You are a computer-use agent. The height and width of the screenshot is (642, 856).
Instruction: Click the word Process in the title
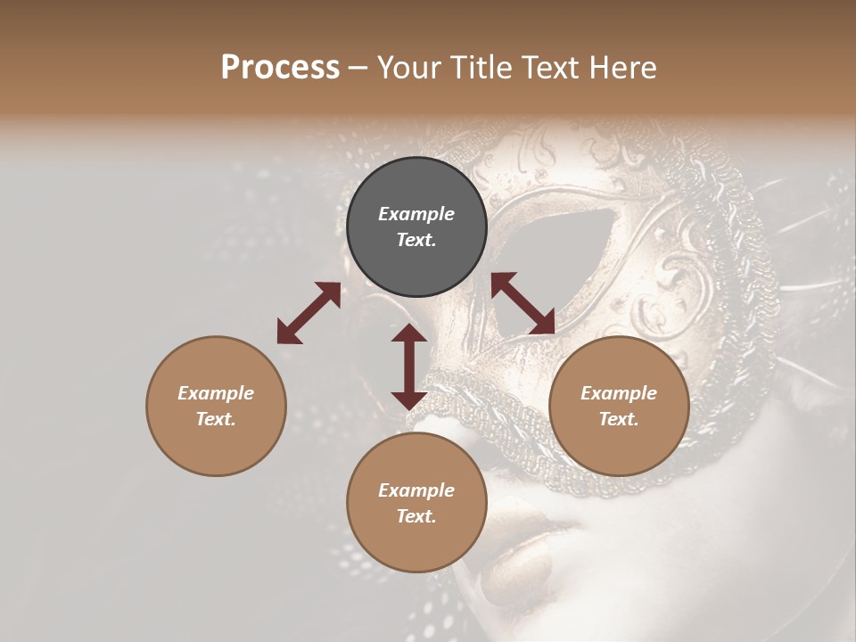click(280, 68)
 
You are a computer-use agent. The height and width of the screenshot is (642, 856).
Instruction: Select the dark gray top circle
click(416, 226)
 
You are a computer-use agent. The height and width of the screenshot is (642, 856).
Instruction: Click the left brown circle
click(216, 406)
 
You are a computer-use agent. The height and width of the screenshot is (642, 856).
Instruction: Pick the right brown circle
click(619, 406)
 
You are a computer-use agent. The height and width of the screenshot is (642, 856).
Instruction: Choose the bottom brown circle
click(416, 503)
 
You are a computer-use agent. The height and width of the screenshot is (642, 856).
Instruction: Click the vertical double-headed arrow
click(409, 366)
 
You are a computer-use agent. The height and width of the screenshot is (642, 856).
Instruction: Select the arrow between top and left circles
click(309, 313)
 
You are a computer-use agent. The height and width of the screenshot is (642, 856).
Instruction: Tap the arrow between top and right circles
click(523, 303)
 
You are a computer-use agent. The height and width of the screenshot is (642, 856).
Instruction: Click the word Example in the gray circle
click(416, 214)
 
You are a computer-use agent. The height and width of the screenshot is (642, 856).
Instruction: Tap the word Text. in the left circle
click(216, 419)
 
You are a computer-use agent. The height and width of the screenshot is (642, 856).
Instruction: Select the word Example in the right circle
click(619, 393)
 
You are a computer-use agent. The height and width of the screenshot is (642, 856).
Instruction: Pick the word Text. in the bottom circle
click(416, 516)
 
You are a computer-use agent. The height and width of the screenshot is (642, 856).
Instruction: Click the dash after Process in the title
click(358, 68)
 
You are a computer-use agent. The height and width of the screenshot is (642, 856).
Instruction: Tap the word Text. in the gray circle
click(416, 240)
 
